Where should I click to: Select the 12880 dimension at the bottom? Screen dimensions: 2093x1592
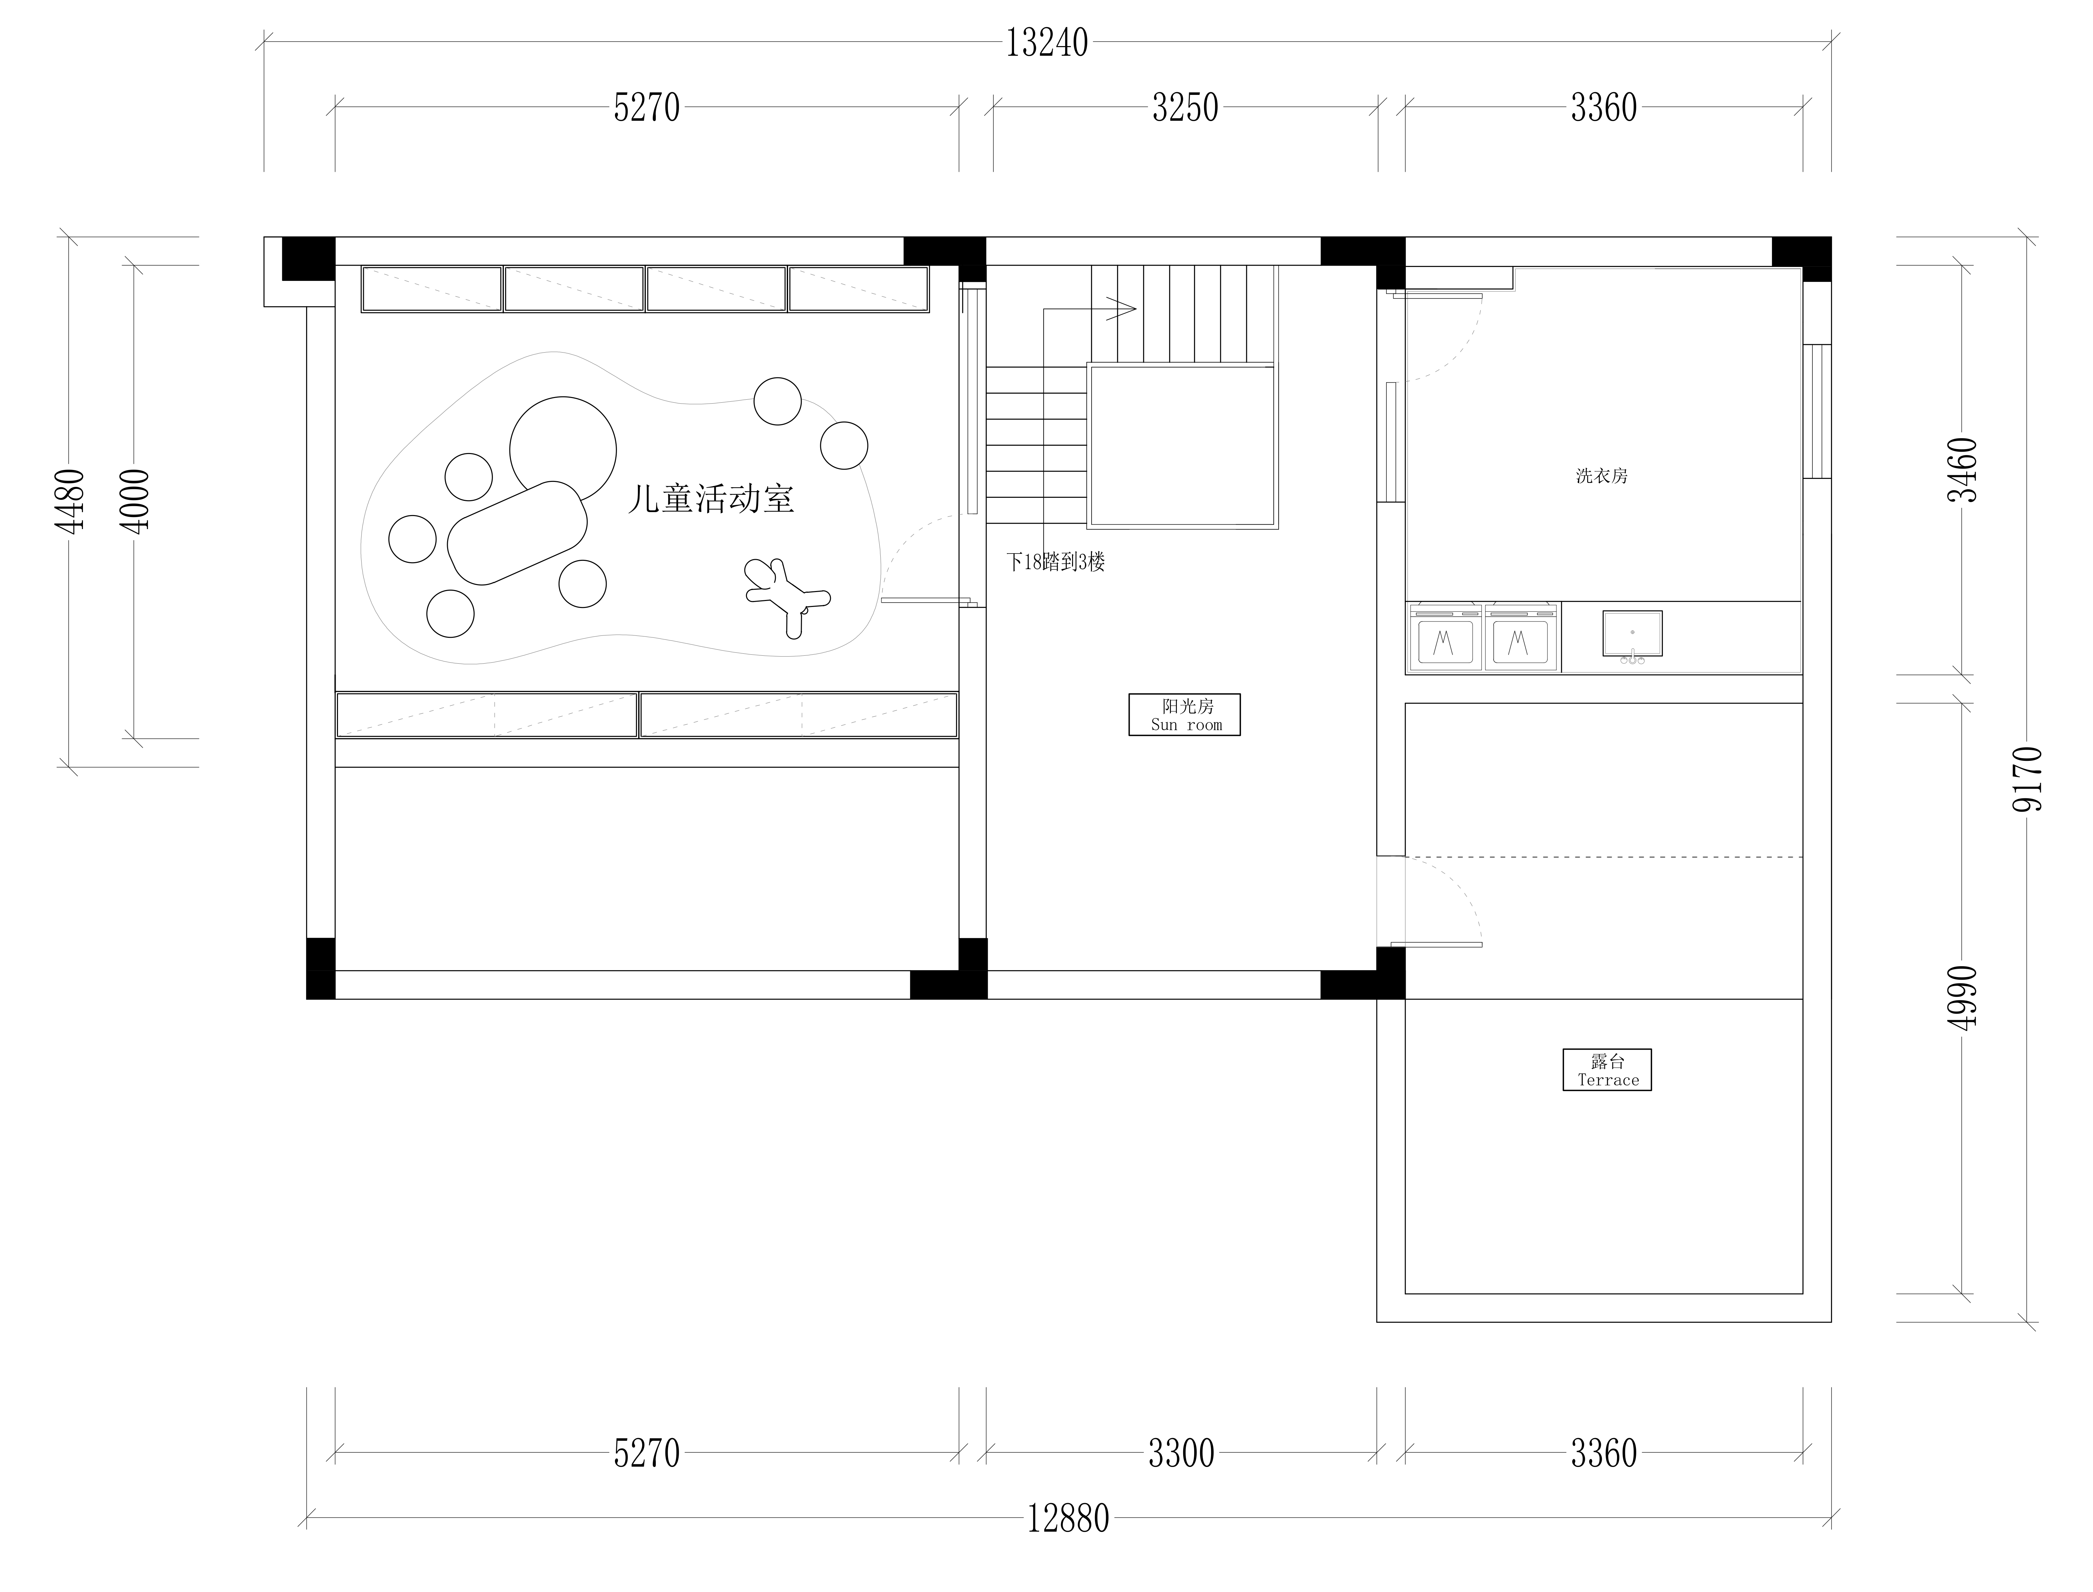[1068, 1519]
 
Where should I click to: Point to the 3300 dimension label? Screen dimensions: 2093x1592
[1182, 1454]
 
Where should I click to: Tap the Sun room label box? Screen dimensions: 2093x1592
[1184, 714]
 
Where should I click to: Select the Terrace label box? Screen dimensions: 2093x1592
[1607, 1070]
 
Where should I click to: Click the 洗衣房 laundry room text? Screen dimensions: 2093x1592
[1601, 476]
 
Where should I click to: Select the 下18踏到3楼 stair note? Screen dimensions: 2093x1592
[1055, 562]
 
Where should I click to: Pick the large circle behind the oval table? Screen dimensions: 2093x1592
[563, 449]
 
